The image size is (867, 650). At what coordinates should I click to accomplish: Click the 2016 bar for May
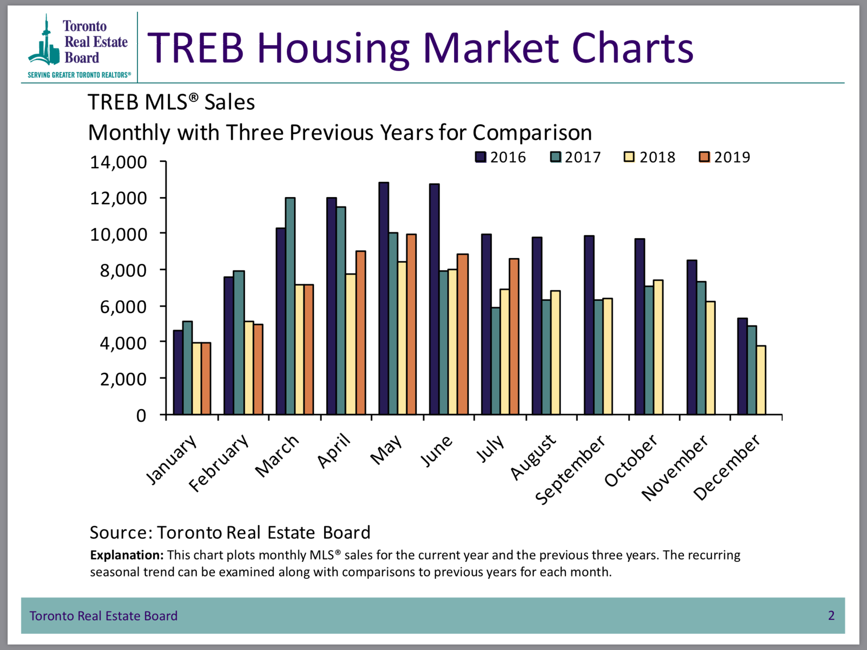tap(384, 298)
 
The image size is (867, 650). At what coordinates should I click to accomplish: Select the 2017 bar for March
tap(290, 306)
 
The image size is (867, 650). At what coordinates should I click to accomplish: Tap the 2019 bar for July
tap(514, 336)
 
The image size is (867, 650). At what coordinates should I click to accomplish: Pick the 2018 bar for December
tap(761, 380)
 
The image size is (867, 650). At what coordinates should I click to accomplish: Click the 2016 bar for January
tap(178, 372)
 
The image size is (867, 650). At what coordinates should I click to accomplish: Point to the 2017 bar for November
tap(701, 348)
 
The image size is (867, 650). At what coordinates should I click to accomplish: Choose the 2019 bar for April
tap(361, 333)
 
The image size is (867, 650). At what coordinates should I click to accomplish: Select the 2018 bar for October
tap(658, 347)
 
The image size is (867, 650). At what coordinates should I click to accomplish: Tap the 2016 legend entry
tap(500, 157)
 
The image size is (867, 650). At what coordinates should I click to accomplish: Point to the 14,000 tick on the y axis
tap(119, 162)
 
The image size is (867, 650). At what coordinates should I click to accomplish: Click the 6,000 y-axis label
tap(123, 307)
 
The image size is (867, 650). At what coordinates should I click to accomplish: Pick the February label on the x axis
tap(218, 463)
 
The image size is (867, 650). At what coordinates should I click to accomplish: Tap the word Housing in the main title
tap(333, 49)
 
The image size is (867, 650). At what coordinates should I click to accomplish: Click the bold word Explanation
tap(127, 555)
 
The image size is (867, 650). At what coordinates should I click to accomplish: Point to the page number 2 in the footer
tap(831, 615)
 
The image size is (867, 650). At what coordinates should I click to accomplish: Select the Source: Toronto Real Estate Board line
tap(230, 533)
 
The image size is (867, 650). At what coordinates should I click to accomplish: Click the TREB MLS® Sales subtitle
tap(171, 102)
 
